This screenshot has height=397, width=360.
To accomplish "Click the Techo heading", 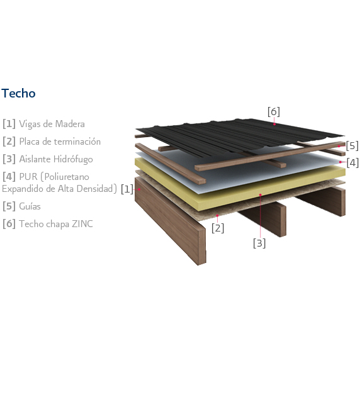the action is [18, 93].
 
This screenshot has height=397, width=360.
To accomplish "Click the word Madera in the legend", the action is [70, 124].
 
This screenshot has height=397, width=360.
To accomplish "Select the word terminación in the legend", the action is [80, 142].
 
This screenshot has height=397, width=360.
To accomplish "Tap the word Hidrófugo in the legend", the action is [73, 159].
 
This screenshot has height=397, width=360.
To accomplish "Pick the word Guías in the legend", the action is [30, 206].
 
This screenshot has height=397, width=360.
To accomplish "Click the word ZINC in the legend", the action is [82, 224].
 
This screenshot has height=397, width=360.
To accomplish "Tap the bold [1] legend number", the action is [9, 124].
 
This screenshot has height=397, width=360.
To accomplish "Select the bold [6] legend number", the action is [9, 224].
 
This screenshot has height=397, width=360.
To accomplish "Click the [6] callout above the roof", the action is [274, 111].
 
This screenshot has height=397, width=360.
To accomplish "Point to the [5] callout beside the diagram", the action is [352, 146].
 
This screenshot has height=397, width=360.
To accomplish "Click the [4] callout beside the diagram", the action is [352, 162].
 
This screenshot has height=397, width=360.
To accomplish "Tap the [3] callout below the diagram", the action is [259, 243].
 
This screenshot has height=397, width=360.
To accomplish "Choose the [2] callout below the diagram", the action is [218, 228].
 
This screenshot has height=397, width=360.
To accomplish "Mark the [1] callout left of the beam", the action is [127, 189].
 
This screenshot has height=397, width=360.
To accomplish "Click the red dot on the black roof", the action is [274, 124].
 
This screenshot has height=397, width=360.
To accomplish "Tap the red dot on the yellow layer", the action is [260, 194].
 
